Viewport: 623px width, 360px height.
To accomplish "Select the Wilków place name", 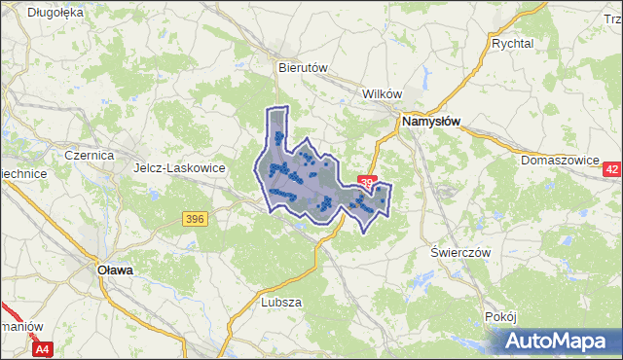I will pos(382,93).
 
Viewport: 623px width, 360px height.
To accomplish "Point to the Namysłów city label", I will pos(431,123).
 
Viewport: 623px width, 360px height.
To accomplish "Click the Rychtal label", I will pos(513,44).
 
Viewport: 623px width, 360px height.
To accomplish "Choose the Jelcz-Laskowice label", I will pos(179,167).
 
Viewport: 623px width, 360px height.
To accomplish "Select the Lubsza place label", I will pos(281,302).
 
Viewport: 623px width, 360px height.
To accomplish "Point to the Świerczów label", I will pos(459,251).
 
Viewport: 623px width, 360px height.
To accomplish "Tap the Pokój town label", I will pos(499,317).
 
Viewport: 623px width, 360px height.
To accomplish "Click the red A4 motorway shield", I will pos(42,348).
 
